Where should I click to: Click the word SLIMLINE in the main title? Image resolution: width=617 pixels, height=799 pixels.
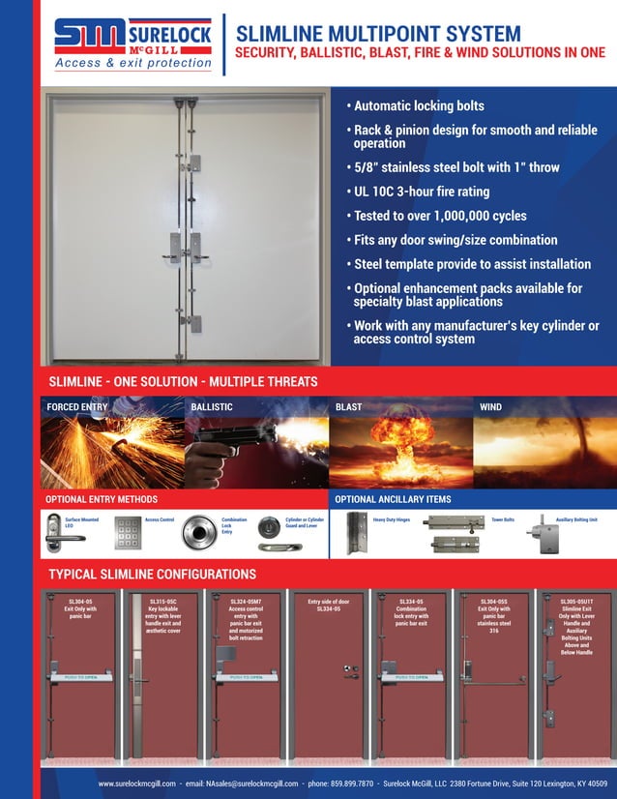coord(277,35)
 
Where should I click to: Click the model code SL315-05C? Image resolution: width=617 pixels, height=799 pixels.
coord(162,602)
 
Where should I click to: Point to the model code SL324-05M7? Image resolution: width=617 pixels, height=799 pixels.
coord(246,602)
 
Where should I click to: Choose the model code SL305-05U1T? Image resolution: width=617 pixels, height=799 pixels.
coord(575,602)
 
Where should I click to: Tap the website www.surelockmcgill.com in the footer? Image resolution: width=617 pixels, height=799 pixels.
coord(136,783)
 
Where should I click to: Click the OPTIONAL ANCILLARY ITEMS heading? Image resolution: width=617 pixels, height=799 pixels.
coord(393,499)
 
